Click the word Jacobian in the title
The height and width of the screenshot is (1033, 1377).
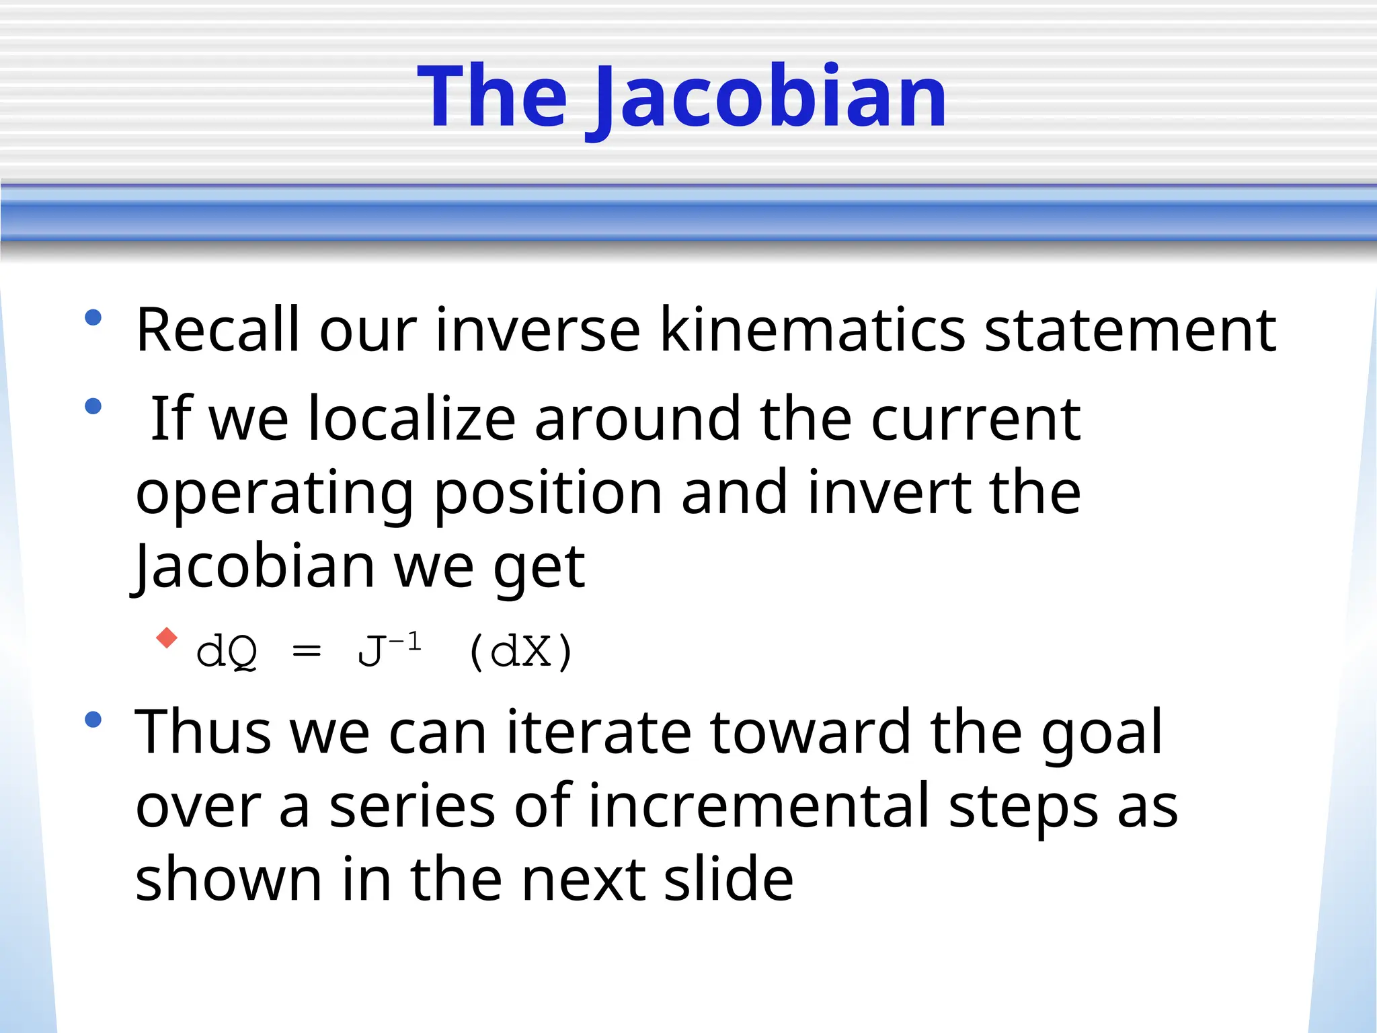tap(771, 98)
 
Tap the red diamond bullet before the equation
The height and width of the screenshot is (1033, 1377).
tap(166, 637)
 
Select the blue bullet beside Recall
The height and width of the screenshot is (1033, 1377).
tap(93, 317)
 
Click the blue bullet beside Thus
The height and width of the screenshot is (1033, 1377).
tap(93, 720)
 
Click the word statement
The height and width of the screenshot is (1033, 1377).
tap(1130, 331)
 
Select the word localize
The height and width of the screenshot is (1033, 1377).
tap(411, 419)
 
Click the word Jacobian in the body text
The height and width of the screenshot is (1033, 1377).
tap(254, 566)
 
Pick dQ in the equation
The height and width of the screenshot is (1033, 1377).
tap(227, 651)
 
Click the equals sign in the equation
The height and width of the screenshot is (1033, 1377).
tap(307, 651)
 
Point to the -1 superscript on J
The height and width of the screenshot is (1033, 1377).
tap(405, 642)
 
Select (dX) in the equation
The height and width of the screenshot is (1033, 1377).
tap(521, 651)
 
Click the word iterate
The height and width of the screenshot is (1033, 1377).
tap(598, 732)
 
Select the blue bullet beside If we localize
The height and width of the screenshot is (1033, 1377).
tap(93, 406)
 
